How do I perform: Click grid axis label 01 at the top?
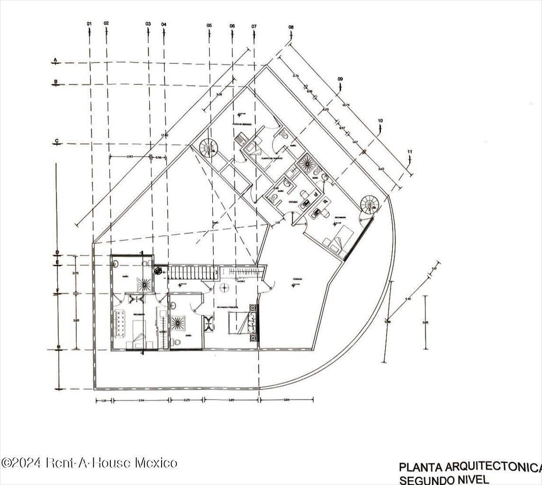point(89,23)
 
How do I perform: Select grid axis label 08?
point(290,27)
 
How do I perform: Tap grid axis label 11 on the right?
point(410,152)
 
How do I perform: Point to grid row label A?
point(55,60)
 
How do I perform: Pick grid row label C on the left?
point(56,141)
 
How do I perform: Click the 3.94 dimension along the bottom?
point(141,401)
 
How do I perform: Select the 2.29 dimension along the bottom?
point(186,401)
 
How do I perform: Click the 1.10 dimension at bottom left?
point(103,401)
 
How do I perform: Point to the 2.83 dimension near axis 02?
point(130,156)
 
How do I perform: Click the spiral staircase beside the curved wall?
point(369,204)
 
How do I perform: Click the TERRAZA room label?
point(297,279)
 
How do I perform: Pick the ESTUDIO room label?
point(293,202)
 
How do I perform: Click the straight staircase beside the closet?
point(192,273)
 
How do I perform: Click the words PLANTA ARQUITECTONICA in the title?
point(469,468)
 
